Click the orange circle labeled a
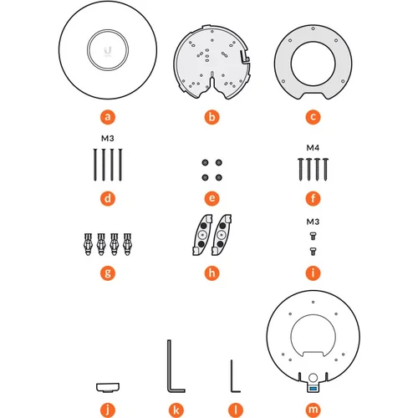(108, 117)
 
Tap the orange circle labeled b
(212, 117)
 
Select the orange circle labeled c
(313, 117)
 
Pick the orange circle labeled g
(108, 273)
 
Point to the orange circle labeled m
(313, 410)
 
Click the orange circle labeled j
(108, 410)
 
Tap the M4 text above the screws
(313, 148)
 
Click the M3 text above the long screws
(108, 138)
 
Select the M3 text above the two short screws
(313, 222)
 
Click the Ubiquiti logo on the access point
(108, 50)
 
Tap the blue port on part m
(313, 388)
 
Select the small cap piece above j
(108, 387)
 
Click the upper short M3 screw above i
(313, 237)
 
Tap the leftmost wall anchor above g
(88, 244)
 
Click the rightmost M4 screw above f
(325, 169)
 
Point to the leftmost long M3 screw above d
(95, 165)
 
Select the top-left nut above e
(205, 162)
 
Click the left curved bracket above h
(201, 235)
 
